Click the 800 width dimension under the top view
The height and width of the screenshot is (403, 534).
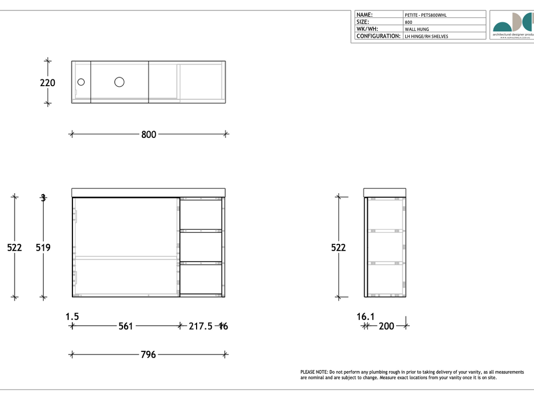[149, 134]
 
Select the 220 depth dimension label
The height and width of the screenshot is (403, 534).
[47, 82]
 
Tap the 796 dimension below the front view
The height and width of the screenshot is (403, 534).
[149, 354]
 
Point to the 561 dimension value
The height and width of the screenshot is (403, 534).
[126, 326]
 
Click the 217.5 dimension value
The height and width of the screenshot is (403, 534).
[200, 326]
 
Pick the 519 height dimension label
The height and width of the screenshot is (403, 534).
[43, 247]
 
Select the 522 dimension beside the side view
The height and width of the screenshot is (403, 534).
[338, 247]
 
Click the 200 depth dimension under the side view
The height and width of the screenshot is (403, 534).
[386, 326]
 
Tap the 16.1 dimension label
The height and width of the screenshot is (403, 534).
[366, 316]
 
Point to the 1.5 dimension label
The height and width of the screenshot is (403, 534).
[72, 316]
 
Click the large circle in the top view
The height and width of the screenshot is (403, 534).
[119, 81]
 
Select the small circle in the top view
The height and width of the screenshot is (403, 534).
[81, 81]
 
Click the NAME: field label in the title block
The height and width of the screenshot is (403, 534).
[365, 15]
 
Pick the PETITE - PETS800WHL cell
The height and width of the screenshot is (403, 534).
[426, 15]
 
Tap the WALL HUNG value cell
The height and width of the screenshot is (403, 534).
[417, 29]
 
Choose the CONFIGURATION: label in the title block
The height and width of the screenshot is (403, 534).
[378, 36]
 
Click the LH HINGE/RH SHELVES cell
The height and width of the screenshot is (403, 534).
[426, 37]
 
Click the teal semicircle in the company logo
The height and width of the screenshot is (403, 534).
[503, 27]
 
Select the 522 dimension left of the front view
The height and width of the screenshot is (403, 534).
[15, 247]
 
